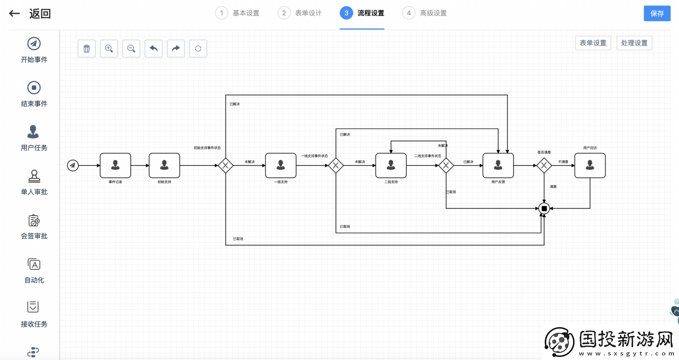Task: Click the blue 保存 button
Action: click(657, 14)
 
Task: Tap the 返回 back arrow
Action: click(15, 14)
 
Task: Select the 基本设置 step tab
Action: click(237, 13)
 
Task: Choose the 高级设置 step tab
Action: click(425, 13)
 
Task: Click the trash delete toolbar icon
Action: click(87, 49)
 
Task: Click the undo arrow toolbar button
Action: click(153, 49)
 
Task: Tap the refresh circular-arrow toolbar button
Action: click(198, 49)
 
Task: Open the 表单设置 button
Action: click(593, 43)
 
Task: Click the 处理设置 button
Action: click(634, 43)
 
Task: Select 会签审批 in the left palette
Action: click(34, 226)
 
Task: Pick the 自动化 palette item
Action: click(34, 271)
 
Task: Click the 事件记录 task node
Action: click(115, 165)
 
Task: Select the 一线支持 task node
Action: click(281, 165)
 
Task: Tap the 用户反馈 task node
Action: click(498, 165)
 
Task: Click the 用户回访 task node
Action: click(590, 165)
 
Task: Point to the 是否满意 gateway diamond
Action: click(544, 165)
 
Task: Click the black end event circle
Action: click(544, 208)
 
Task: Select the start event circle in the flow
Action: click(73, 165)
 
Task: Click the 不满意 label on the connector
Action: click(563, 162)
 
